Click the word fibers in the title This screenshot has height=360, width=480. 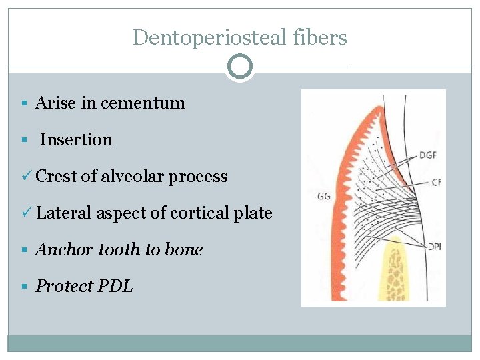[325, 37]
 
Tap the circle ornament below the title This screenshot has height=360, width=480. [240, 67]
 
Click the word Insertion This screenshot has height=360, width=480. [76, 140]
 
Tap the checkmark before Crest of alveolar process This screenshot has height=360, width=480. [27, 177]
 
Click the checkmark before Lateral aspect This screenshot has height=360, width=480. [27, 213]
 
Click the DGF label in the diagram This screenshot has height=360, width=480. [429, 155]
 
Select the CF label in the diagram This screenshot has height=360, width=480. [436, 181]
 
